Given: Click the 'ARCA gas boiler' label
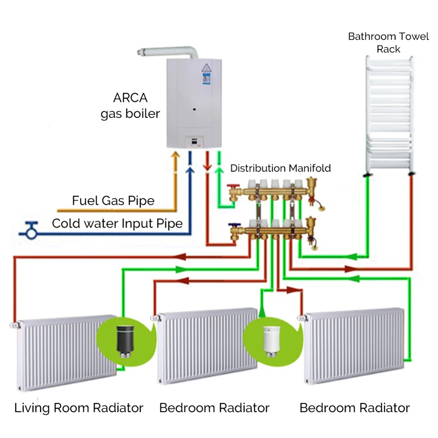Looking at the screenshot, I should coord(130,105).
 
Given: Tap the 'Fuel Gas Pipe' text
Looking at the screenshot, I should coord(113,201).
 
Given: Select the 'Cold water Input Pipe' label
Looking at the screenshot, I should coord(117,224).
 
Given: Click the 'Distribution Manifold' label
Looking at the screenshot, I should coord(280,168).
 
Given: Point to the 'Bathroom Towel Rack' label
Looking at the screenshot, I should coord(388,42).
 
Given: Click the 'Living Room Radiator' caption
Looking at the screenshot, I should coord(79,408).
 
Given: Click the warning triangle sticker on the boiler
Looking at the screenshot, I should coord(206,68).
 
